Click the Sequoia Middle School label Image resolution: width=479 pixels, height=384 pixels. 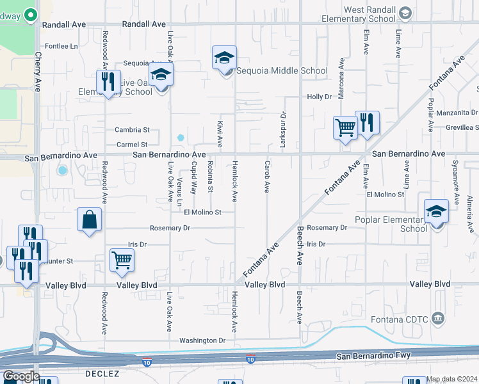[x=282, y=71]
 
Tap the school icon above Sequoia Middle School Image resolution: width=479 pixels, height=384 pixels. [x=224, y=58]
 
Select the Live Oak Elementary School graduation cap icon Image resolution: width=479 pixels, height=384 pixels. [x=161, y=74]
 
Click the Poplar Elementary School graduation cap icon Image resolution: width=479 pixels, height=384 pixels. [x=436, y=211]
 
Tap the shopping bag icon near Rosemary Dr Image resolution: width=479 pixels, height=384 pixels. [x=90, y=219]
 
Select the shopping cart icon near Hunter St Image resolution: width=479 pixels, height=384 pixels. [x=122, y=259]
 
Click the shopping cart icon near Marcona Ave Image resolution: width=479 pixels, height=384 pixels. [x=345, y=127]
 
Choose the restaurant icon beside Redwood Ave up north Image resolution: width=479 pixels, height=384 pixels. [x=108, y=81]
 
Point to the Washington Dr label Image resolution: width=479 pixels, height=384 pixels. [x=202, y=340]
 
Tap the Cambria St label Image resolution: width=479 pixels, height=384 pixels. [x=132, y=130]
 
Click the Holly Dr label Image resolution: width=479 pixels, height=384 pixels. [x=319, y=97]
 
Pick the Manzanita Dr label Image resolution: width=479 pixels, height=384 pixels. [x=457, y=113]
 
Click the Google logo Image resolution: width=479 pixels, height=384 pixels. [x=21, y=376]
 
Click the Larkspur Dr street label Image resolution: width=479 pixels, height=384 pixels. [x=282, y=130]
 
